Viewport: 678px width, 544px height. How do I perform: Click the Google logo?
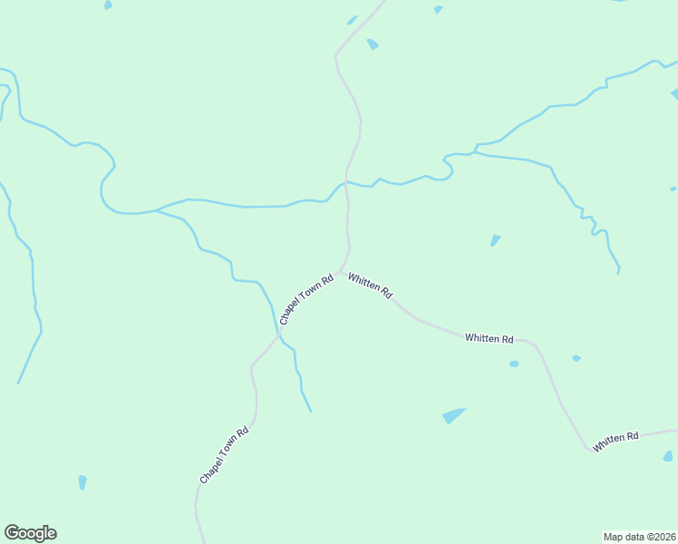[30, 533]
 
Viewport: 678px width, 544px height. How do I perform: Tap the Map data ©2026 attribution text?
[639, 536]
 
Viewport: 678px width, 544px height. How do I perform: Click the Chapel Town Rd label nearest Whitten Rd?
[307, 298]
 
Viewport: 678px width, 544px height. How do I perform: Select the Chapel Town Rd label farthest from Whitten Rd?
[224, 455]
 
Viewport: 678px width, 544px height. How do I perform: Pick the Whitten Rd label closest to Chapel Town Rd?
[370, 287]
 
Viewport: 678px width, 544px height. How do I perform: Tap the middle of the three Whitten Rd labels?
[489, 338]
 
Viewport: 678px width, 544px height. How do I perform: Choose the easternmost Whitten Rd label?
[616, 442]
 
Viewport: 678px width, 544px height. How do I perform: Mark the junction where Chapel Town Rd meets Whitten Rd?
[343, 270]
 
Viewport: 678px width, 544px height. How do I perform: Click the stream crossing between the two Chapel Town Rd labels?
[278, 334]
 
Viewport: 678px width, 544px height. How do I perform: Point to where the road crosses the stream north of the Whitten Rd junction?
[346, 181]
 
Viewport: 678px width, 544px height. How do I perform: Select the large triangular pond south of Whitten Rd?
[453, 415]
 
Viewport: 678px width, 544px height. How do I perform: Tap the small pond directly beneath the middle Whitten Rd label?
[514, 364]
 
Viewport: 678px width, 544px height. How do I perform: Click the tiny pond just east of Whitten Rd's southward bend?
[576, 358]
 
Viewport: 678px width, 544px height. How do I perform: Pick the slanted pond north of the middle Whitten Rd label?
[495, 240]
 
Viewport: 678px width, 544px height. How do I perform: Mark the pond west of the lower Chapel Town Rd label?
[82, 481]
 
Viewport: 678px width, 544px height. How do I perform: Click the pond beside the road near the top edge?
[373, 44]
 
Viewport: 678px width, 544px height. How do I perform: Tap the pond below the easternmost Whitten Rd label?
[668, 456]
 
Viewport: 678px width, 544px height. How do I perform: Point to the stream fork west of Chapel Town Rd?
[157, 210]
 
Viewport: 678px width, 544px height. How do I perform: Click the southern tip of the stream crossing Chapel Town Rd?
[311, 412]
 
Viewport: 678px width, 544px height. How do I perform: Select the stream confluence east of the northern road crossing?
[473, 152]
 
